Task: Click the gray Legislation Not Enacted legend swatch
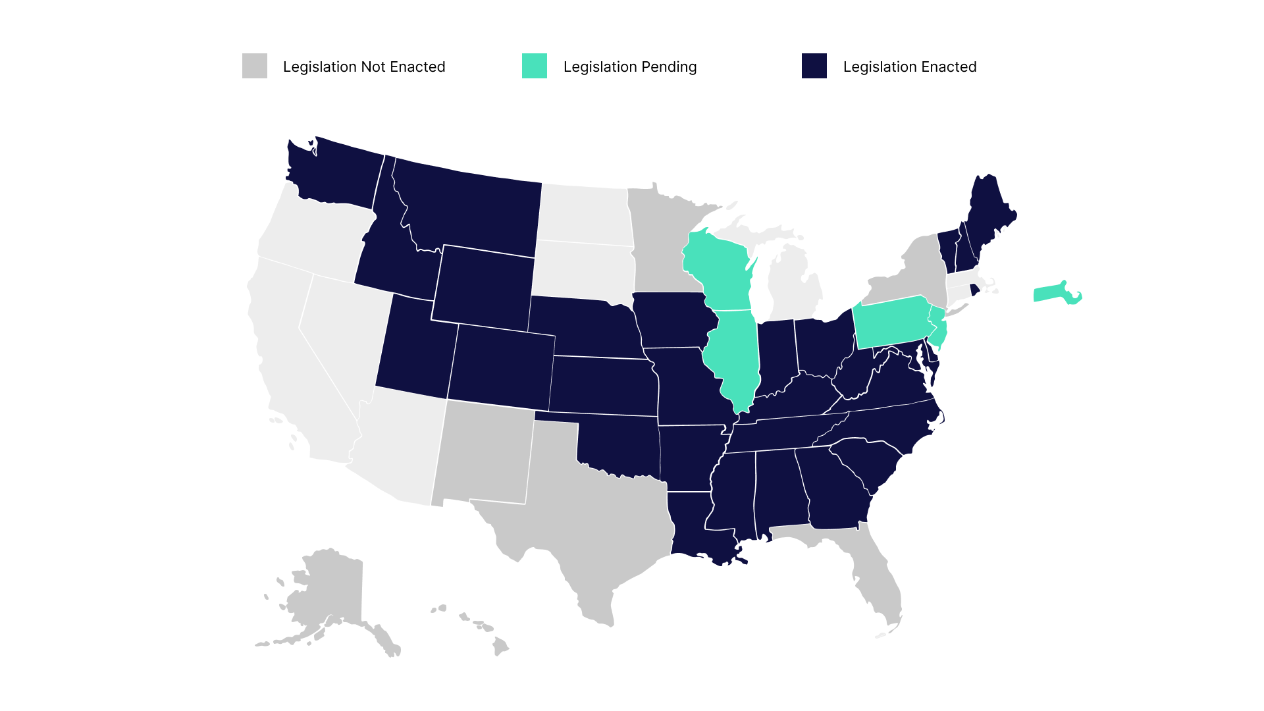255,66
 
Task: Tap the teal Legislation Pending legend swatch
534,66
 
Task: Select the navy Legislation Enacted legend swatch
814,66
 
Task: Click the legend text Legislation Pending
629,67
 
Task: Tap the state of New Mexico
484,454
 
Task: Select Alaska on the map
329,592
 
